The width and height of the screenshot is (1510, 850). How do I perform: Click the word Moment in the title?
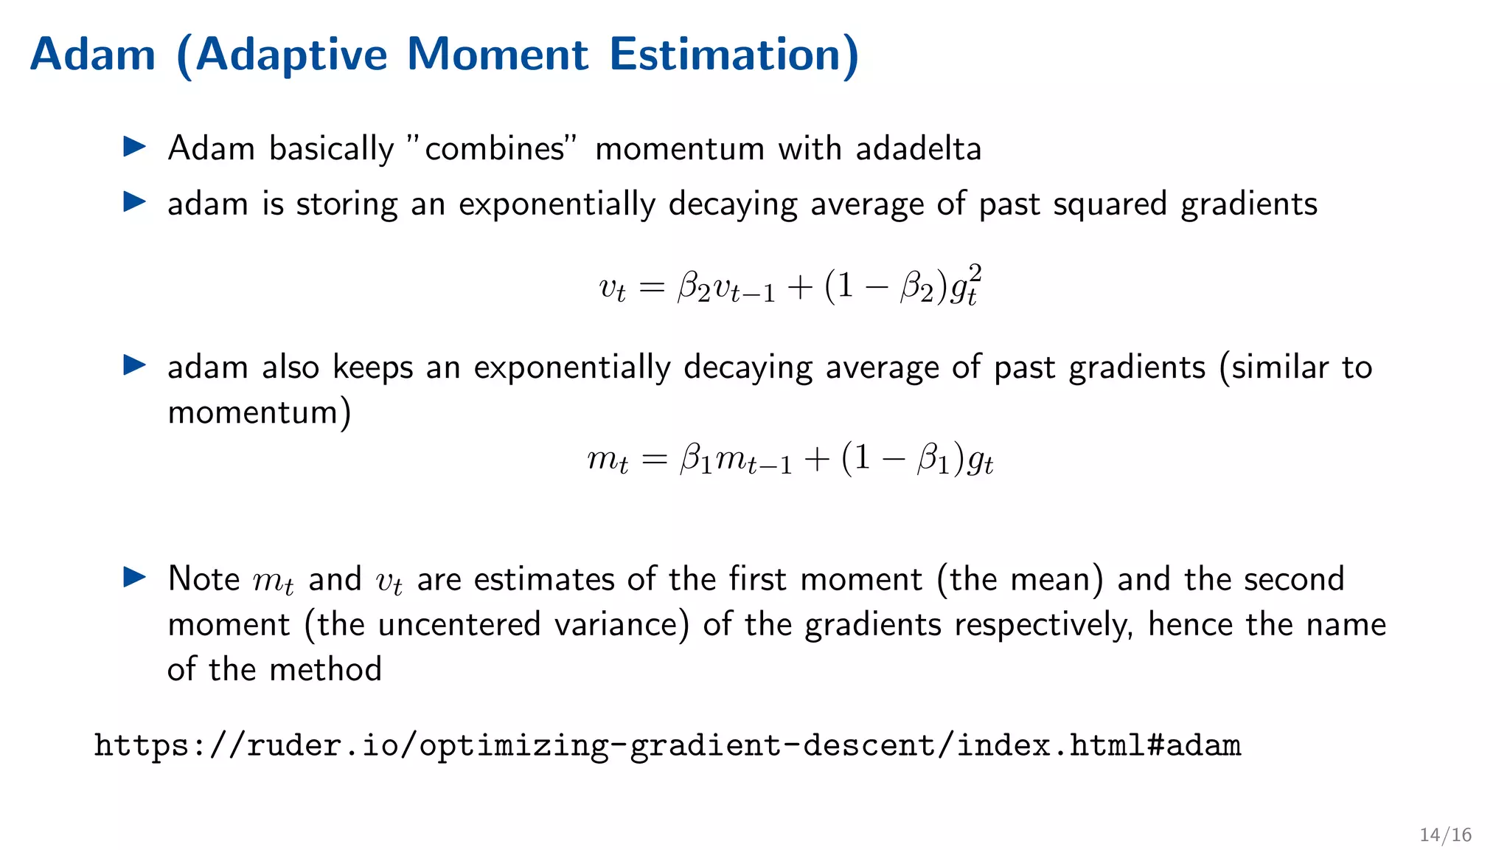[x=498, y=55]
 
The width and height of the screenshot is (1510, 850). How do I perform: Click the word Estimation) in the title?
[x=734, y=55]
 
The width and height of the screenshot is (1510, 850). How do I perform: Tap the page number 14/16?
[x=1445, y=835]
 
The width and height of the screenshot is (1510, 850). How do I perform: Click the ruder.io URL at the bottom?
[x=667, y=745]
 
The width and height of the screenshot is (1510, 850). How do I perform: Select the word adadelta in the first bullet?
[x=918, y=149]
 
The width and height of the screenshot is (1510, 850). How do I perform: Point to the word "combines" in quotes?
[x=493, y=149]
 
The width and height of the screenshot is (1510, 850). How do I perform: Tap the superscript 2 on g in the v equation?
[x=975, y=274]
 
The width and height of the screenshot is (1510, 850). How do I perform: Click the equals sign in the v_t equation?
[x=652, y=287]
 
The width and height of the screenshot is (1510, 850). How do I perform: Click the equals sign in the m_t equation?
[x=654, y=460]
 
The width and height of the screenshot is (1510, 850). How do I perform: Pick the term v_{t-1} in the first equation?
[x=745, y=288]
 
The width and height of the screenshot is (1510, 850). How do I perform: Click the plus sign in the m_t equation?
[x=817, y=460]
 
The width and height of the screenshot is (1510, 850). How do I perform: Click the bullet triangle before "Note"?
[x=134, y=577]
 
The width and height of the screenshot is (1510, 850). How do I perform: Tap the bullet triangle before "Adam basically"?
[x=134, y=146]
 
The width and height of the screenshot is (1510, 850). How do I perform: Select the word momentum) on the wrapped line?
[x=260, y=412]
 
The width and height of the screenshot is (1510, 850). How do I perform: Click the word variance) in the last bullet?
[x=622, y=625]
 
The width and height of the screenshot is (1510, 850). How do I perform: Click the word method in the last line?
[x=325, y=670]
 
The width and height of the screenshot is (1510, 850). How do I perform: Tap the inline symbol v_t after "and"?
[x=389, y=581]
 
